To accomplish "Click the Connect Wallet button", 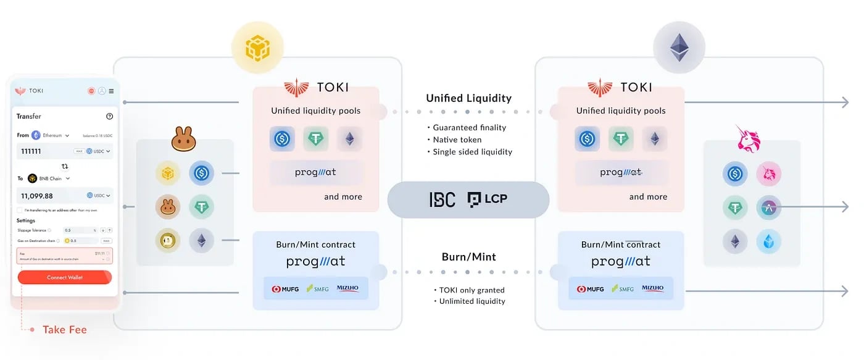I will coord(65,277).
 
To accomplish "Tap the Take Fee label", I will coord(64,330).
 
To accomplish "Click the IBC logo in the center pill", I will coord(442,199).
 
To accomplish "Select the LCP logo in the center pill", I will coord(488,199).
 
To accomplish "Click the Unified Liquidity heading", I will coord(468,98).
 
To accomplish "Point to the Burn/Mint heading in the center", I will coord(468,257).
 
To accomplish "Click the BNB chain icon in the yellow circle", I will coord(257,48).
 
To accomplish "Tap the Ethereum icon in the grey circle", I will coord(679,48).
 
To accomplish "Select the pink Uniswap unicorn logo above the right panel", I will coord(748,139).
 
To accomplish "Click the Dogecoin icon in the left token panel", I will coord(168,241).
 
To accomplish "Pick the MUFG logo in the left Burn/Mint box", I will coord(283,288).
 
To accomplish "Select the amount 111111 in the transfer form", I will coord(31,151).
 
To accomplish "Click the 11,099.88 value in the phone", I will coord(37,196).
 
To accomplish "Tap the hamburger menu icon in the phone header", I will coord(111,91).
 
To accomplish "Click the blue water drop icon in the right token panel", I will coord(769,241).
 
